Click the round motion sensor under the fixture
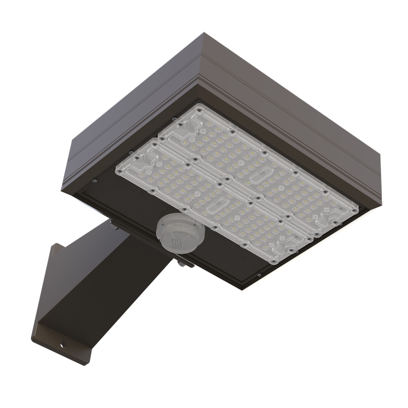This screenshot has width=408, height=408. tap(180, 233)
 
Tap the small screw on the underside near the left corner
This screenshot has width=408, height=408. tap(95, 180)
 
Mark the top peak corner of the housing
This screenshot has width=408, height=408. tap(205, 34)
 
